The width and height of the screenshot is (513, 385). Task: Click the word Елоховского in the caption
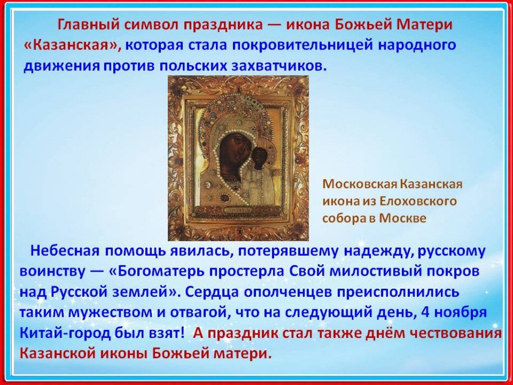[x=418, y=201]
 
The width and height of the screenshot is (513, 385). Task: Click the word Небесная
[x=65, y=252]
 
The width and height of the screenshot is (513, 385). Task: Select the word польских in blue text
[x=192, y=66]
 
